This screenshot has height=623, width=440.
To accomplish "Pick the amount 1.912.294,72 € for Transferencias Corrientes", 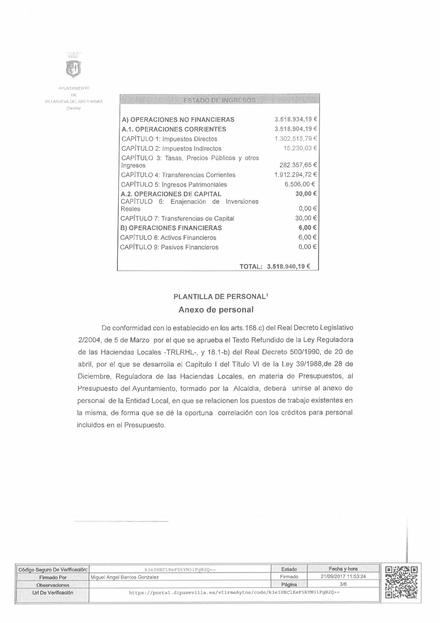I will coord(296,174).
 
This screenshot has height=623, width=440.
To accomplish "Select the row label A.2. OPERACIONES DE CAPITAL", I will coord(171,194).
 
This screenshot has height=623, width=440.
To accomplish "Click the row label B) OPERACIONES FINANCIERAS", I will coord(171,228).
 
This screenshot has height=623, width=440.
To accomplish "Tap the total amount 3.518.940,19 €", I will coord(288,266).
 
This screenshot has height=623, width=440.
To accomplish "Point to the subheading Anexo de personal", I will coord(216,310).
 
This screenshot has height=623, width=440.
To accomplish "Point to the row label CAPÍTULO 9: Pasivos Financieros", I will coord(169,247).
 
